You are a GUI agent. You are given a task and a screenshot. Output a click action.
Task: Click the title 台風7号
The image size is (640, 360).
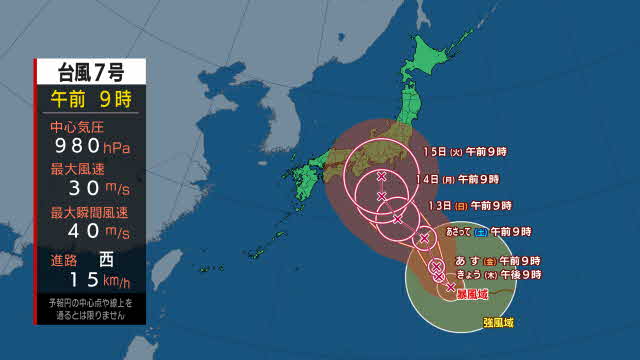tap(90, 71)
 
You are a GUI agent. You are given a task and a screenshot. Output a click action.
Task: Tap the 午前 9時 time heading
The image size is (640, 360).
tap(90, 99)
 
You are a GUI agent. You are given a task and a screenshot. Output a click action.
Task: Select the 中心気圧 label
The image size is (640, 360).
tap(76, 127)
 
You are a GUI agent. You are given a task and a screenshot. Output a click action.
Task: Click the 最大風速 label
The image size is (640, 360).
tap(76, 169)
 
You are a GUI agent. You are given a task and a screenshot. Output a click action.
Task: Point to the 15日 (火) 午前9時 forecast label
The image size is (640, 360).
tap(465, 152)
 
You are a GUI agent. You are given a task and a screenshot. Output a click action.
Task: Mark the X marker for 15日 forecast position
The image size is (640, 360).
tap(382, 176)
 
